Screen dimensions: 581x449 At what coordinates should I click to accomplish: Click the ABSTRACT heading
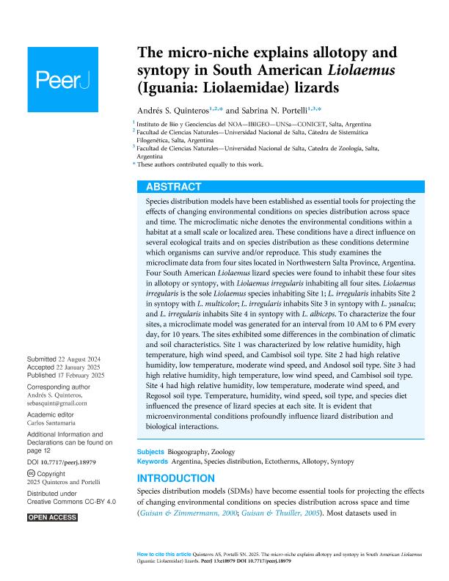coord(175,186)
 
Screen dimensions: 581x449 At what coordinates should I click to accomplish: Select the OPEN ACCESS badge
coord(52,518)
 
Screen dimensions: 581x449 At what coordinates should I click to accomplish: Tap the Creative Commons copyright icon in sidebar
coord(30,475)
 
